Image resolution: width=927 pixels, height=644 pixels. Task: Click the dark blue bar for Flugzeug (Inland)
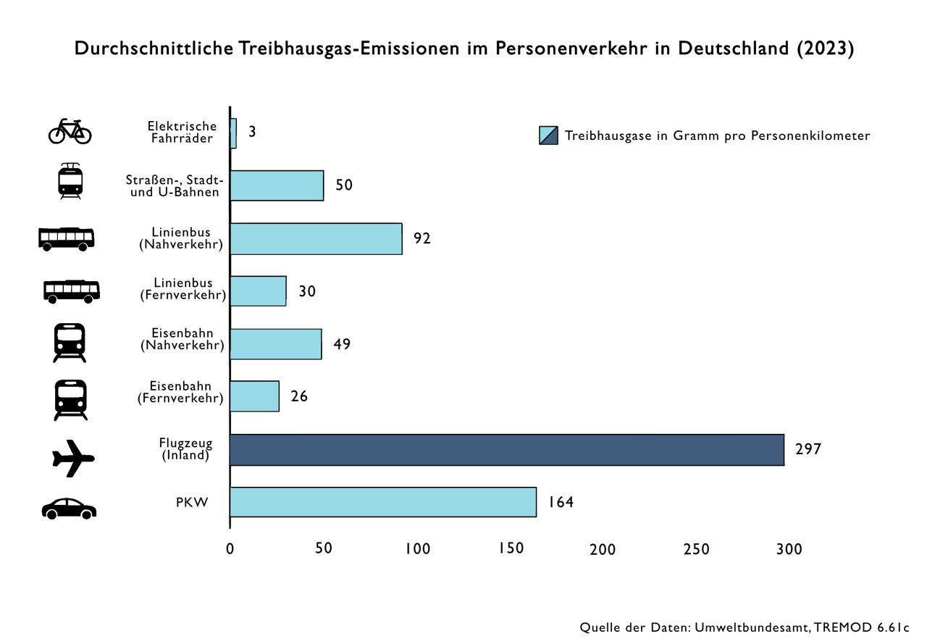point(507,450)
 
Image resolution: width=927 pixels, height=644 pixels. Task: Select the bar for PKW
point(383,502)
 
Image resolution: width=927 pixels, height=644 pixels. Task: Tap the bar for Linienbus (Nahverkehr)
point(316,238)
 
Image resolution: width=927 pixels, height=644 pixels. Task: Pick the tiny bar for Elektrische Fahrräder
point(233,133)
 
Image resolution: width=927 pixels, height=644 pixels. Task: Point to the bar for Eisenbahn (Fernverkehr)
point(255,396)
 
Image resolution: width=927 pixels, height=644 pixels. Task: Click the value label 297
point(808,449)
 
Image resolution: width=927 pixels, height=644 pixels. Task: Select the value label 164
point(561,502)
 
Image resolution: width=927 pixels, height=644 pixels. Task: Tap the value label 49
point(342,344)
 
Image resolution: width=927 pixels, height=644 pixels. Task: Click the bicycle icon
point(70,132)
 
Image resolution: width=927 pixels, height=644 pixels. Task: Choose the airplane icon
point(73,458)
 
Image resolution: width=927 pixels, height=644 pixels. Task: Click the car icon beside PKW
point(69,509)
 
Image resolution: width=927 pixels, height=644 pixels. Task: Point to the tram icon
point(70,181)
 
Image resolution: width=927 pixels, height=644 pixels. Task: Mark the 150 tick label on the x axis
point(511,548)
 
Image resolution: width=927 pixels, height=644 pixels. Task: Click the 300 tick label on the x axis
point(789,549)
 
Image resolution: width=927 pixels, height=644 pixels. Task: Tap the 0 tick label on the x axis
point(230,548)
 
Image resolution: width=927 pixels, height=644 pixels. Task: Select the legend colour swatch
point(548,135)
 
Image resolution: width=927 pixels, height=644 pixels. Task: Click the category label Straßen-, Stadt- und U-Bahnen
point(175,186)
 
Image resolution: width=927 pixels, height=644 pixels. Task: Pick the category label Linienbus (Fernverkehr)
point(183,288)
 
